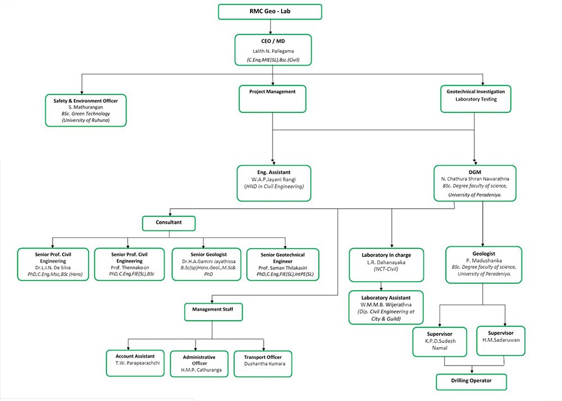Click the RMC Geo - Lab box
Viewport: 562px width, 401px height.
click(270, 11)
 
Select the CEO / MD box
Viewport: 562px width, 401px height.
click(273, 50)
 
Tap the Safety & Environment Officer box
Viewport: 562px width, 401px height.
click(85, 110)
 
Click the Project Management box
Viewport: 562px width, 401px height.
click(273, 98)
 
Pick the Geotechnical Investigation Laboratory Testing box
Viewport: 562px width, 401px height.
click(475, 98)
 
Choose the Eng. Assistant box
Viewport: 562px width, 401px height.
click(274, 183)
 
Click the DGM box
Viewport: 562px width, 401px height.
click(475, 183)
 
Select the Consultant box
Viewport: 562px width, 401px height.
click(169, 223)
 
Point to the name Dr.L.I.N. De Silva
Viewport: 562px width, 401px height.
click(53, 268)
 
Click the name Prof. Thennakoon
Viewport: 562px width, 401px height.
click(130, 268)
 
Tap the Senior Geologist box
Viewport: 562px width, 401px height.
click(206, 264)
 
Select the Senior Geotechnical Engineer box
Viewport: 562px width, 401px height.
click(283, 264)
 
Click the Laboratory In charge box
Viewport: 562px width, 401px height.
click(387, 265)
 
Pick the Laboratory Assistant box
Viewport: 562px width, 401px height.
click(386, 308)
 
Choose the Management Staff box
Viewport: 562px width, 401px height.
click(213, 312)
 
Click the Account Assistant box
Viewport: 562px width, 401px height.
click(135, 363)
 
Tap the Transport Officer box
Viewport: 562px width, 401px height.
click(262, 364)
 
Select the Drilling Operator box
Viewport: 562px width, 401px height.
click(472, 382)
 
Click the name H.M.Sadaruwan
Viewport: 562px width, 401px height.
click(501, 340)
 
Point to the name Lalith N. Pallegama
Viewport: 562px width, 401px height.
click(273, 51)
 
